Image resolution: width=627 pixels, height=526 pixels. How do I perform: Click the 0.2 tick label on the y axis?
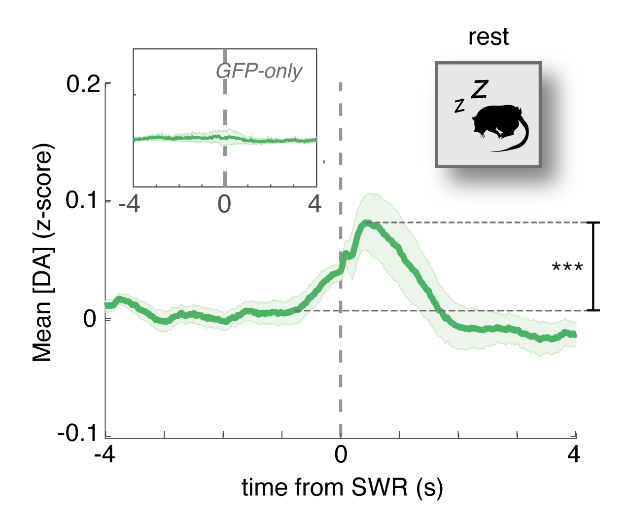84,84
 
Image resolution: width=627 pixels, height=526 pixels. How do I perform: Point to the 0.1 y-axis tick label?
84,201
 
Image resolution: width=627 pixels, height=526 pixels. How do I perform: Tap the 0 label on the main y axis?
90,319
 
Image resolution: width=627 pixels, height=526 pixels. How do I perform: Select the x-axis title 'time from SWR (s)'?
342,488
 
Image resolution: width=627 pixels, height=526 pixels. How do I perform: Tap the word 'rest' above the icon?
488,37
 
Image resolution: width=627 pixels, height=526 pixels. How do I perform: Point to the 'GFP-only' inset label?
259,72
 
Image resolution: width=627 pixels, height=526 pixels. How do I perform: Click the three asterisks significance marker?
567,268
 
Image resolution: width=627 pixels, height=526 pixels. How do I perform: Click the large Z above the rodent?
479,89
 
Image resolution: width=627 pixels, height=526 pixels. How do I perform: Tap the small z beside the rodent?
459,105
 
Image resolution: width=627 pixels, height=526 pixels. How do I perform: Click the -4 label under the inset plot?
130,203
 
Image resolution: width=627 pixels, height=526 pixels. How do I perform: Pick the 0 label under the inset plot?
224,203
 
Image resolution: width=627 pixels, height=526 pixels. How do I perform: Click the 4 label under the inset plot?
314,203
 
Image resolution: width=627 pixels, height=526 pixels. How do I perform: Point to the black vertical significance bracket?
595,266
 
